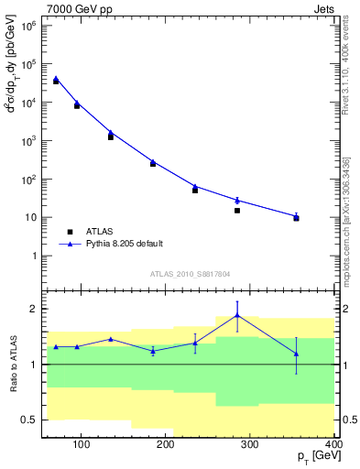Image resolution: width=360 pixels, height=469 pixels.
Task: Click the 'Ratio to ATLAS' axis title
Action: pos(13,364)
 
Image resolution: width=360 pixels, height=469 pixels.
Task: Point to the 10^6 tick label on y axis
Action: pos(29,27)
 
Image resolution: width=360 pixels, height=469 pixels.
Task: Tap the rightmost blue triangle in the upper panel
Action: pos(296,216)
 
